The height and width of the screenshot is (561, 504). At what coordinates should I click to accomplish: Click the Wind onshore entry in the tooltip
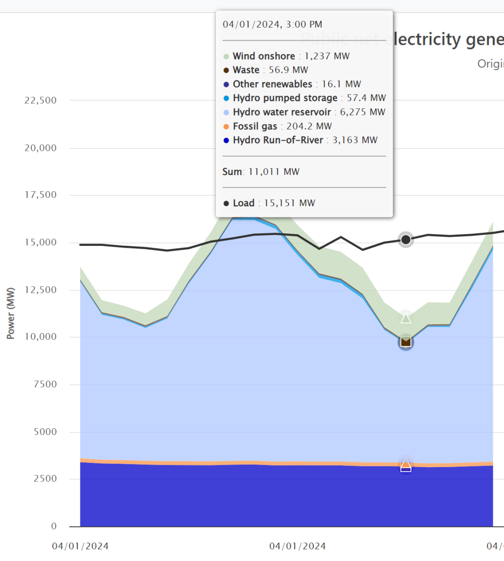[286, 56]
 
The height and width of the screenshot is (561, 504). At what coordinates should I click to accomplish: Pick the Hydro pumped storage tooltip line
[304, 98]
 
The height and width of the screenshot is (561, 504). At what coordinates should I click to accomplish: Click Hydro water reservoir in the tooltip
[304, 112]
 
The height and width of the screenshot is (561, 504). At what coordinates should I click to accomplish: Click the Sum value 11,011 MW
[274, 172]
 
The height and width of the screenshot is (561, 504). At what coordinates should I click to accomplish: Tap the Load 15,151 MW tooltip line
[269, 203]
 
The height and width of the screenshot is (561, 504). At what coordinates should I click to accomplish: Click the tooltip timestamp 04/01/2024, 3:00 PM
[272, 24]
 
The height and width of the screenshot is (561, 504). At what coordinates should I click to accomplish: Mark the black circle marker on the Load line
[406, 240]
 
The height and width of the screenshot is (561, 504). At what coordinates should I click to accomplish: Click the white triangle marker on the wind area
[406, 319]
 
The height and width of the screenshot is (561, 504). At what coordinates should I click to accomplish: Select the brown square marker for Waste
[406, 342]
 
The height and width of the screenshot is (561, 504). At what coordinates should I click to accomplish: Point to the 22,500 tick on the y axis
[40, 101]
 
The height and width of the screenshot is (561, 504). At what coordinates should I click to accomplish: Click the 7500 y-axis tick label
[45, 384]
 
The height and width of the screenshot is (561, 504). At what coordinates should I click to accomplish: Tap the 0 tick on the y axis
[54, 526]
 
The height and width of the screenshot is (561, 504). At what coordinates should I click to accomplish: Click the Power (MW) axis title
[10, 313]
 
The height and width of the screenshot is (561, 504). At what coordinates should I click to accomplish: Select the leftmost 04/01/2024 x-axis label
[80, 546]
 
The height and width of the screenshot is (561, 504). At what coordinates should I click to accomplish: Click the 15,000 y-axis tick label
[40, 243]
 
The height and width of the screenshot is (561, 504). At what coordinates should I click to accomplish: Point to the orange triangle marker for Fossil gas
[406, 465]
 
